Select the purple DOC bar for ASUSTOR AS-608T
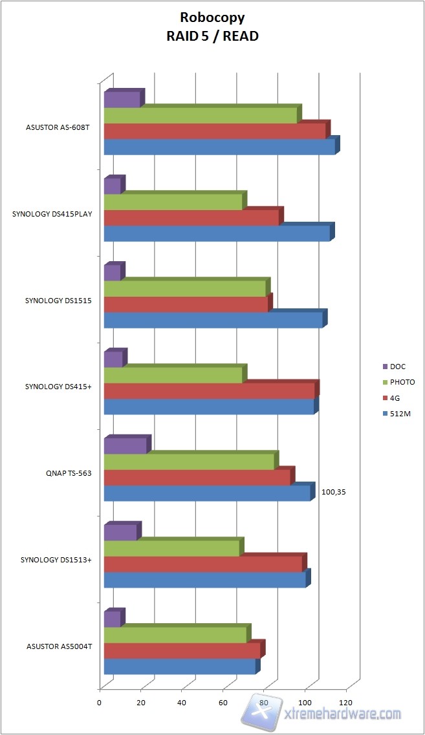pyautogui.click(x=122, y=100)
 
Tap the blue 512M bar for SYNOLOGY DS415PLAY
pyautogui.click(x=217, y=233)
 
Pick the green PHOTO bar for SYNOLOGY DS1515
pyautogui.click(x=184, y=288)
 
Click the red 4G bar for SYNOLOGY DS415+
pyautogui.click(x=209, y=390)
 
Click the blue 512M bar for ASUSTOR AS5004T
pyautogui.click(x=180, y=666)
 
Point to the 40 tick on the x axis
pyautogui.click(x=182, y=703)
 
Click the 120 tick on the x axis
pyautogui.click(x=346, y=703)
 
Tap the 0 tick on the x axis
pyautogui.click(x=100, y=703)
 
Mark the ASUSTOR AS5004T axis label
pyautogui.click(x=59, y=646)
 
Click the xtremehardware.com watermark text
pyautogui.click(x=343, y=714)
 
